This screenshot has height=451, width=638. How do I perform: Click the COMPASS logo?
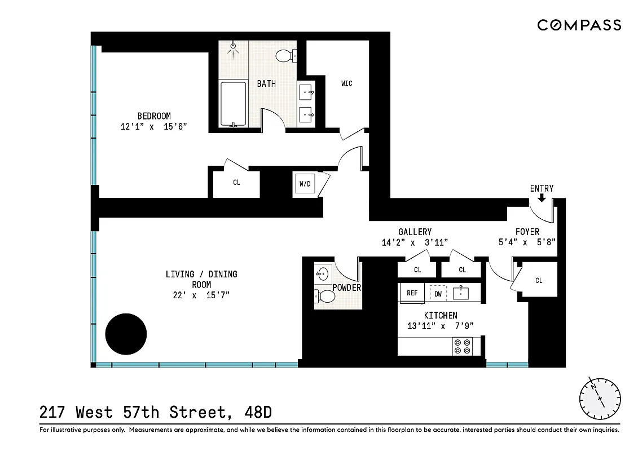point(579,25)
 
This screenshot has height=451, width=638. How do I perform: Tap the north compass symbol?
point(600,397)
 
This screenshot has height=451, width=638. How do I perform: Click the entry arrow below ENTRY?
point(542,198)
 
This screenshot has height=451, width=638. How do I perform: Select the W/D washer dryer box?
point(305,184)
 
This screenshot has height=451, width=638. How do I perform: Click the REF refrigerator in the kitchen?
point(412,293)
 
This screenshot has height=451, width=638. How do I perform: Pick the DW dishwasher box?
point(438,294)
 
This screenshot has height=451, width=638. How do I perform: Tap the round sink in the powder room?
point(322,275)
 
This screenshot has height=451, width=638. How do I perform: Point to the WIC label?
point(347,83)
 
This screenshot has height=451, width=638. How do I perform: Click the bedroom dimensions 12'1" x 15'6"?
point(154,127)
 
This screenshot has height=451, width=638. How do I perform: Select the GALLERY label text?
point(415,232)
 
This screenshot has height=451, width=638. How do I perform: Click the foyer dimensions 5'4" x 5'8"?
point(527,242)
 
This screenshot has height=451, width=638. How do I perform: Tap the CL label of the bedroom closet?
point(236,183)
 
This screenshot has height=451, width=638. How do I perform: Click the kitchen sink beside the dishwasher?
point(461,293)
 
